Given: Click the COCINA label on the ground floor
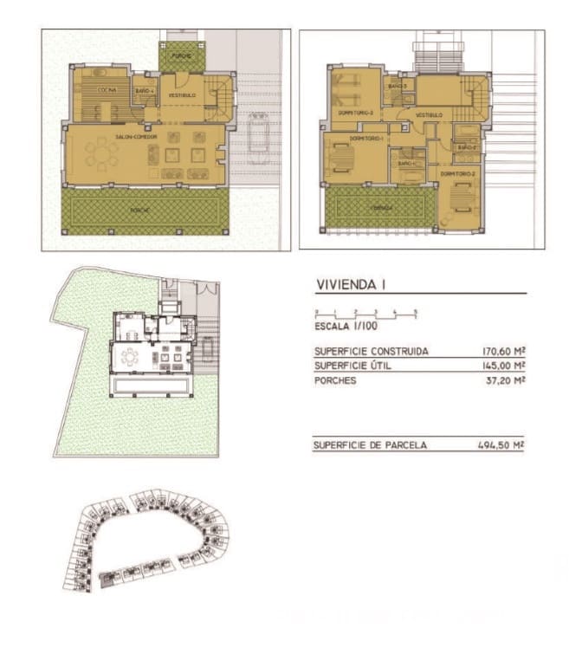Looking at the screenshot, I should tap(107, 90).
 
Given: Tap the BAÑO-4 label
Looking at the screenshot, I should tap(144, 90).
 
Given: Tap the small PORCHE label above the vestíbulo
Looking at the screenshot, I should tap(181, 55).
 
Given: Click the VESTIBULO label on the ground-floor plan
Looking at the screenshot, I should tap(182, 94).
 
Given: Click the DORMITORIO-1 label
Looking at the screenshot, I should tap(366, 139).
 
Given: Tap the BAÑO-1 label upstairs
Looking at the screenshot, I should tap(406, 163).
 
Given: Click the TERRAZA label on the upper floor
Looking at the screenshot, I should tap(378, 208).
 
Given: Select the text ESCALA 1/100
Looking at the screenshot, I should tap(346, 327).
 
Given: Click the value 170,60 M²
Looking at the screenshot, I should tap(503, 352).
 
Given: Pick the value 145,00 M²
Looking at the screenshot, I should tap(503, 366).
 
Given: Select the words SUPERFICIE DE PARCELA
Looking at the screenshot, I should tap(371, 445).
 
